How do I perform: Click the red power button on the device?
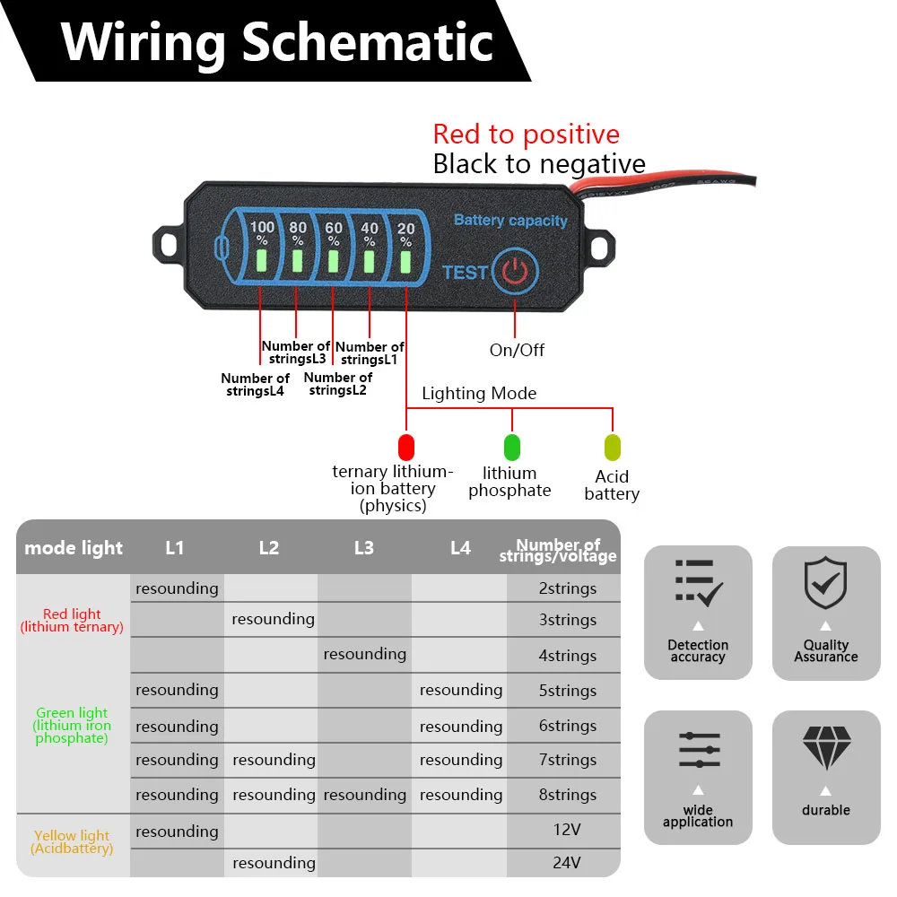point(515,272)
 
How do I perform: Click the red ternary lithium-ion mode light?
point(405,446)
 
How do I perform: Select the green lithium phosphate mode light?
point(511,447)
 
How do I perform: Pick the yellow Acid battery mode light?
point(612,447)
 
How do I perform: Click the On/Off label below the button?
point(517,350)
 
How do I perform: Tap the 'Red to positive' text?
point(526,135)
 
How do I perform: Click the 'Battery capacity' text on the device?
point(510,220)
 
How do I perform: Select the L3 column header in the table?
point(363,547)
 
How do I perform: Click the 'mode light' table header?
point(74,547)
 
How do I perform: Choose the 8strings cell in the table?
point(567,795)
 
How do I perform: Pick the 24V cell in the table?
point(567,863)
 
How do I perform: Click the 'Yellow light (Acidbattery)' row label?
point(72,841)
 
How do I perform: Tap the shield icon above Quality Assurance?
point(825,584)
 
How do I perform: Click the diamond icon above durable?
point(825,748)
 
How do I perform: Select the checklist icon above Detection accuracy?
point(698,584)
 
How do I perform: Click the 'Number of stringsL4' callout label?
point(255,385)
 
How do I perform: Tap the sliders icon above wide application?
point(699,749)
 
